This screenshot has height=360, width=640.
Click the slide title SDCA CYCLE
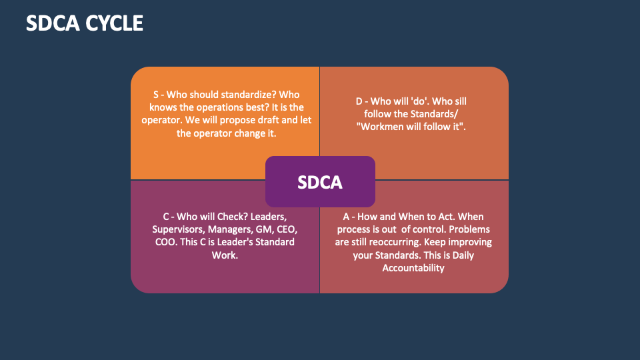point(84,23)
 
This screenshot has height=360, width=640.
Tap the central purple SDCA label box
point(320,181)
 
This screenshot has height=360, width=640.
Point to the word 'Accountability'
point(413,267)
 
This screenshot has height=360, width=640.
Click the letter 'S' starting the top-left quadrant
point(155,94)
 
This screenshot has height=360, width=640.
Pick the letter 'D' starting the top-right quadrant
point(359,101)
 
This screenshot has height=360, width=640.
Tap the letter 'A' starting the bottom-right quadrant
point(346,217)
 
